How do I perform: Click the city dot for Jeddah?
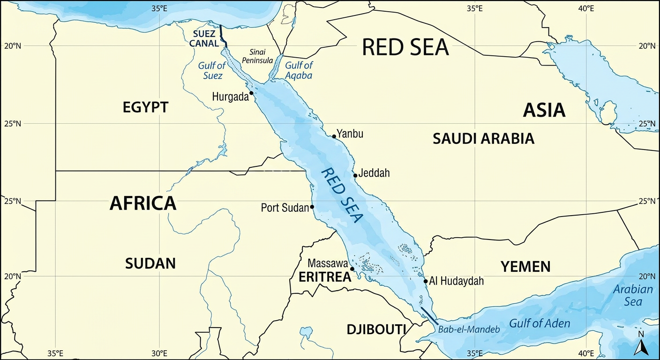pos(355,175)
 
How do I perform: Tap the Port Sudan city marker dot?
pos(312,207)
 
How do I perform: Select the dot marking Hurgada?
pos(251,93)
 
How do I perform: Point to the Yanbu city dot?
pos(334,136)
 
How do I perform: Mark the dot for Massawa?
pos(352,269)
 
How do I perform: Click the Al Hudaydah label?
pos(456,281)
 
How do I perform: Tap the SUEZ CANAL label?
pos(205,38)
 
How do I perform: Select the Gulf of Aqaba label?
pos(299,70)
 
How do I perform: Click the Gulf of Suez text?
pos(211,70)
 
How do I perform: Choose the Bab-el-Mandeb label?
pos(469,329)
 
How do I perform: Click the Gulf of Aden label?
pos(540,323)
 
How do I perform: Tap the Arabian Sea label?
pos(633,295)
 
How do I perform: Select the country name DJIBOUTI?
pos(376,329)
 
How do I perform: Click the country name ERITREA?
pos(325,277)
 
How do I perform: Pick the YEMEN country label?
pos(525,267)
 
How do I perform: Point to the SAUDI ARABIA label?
pos(483,138)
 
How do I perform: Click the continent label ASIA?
pos(544,110)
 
